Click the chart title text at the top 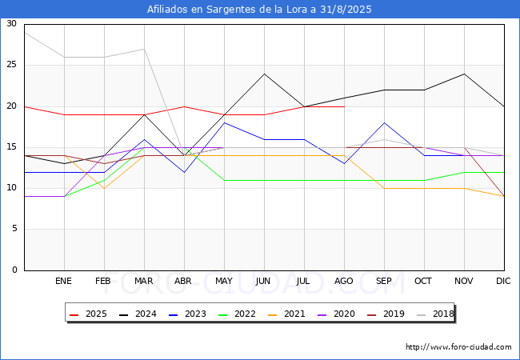tap(259, 10)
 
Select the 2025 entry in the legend tap(88, 314)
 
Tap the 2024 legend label tap(146, 314)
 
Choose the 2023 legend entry tap(187, 314)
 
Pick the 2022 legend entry tap(237, 314)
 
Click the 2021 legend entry tap(286, 314)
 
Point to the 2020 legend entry tap(336, 314)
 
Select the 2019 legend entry tap(386, 314)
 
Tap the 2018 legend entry tap(435, 314)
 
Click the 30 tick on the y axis tap(12, 23)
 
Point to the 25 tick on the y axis tap(12, 65)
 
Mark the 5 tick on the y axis tap(14, 229)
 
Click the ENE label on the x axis tap(63, 281)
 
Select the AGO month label tap(343, 281)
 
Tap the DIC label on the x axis tap(503, 281)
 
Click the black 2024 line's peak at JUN tap(264, 74)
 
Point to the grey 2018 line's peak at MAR tap(144, 49)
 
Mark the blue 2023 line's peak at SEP tap(384, 122)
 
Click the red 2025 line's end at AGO tap(345, 106)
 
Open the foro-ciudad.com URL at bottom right tap(458, 347)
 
